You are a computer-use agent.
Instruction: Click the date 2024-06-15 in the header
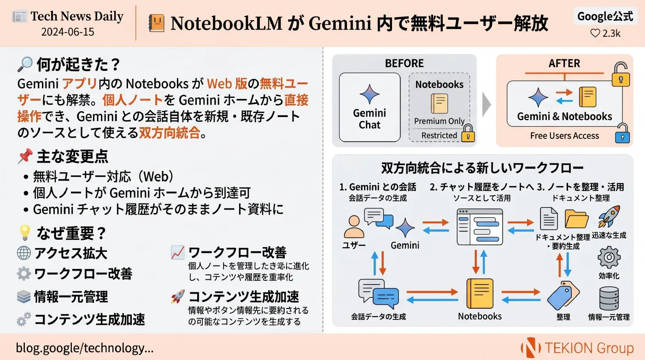(x=68, y=32)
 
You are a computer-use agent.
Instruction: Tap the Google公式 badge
(x=605, y=16)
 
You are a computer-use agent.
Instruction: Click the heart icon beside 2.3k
(x=595, y=34)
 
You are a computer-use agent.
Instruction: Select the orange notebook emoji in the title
(x=157, y=23)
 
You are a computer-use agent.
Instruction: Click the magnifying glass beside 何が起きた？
(x=25, y=64)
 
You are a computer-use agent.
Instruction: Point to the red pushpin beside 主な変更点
(x=25, y=156)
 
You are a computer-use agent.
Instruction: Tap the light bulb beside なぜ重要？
(x=25, y=232)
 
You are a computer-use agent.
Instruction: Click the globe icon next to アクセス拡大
(x=24, y=253)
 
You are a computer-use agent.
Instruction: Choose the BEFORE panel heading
(x=405, y=64)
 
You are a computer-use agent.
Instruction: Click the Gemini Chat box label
(x=369, y=119)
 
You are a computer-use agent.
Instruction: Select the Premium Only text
(x=440, y=121)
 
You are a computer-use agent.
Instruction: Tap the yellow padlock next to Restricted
(x=468, y=133)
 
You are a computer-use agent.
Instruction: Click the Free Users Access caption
(x=565, y=135)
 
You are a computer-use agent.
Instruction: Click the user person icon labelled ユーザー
(x=354, y=226)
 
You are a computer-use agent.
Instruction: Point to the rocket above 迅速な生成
(x=609, y=216)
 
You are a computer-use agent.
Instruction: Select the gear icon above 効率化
(x=609, y=257)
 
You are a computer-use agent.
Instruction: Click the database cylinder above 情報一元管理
(x=609, y=298)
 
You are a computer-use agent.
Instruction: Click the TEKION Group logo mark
(x=531, y=348)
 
